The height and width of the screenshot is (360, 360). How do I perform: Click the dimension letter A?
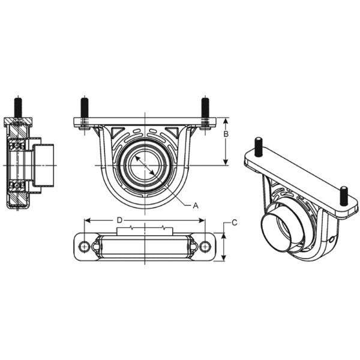coord(195,205)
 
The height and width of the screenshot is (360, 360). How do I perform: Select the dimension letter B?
coord(226,134)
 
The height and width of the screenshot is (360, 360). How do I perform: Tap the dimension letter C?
coord(235,223)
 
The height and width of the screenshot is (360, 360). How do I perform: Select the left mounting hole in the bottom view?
coord(85,246)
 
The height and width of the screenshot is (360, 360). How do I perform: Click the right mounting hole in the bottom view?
coord(205,246)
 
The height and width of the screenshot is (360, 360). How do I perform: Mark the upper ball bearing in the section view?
coord(17,146)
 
